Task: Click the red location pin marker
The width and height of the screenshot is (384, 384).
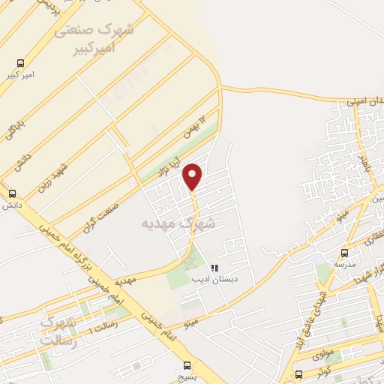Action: tap(193, 176)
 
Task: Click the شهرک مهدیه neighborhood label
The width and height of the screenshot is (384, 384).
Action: tap(177, 223)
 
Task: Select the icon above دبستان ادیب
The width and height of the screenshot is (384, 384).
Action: tap(214, 267)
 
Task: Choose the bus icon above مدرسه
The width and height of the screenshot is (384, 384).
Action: tap(345, 253)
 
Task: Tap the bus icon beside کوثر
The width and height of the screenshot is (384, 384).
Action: tap(299, 373)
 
